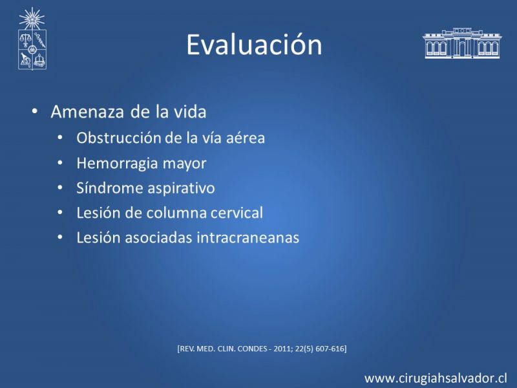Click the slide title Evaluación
click(x=254, y=45)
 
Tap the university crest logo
click(x=32, y=39)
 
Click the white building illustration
click(x=462, y=43)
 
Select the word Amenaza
click(x=87, y=112)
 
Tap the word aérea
click(x=246, y=138)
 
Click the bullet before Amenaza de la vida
click(x=35, y=111)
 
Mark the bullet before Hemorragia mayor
click(x=59, y=164)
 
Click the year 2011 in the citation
click(x=283, y=349)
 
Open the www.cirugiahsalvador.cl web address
click(x=436, y=378)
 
